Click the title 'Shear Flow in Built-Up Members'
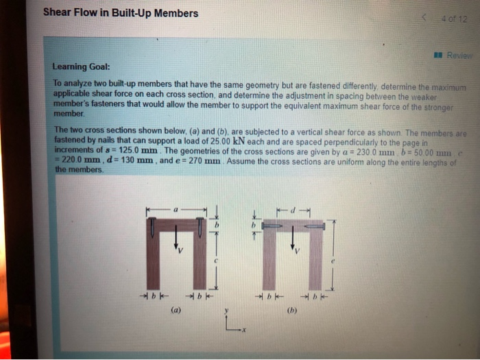pos(120,13)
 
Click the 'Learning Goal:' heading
pos(81,67)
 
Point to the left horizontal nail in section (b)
pos(272,225)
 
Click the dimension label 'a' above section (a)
pos(176,206)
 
